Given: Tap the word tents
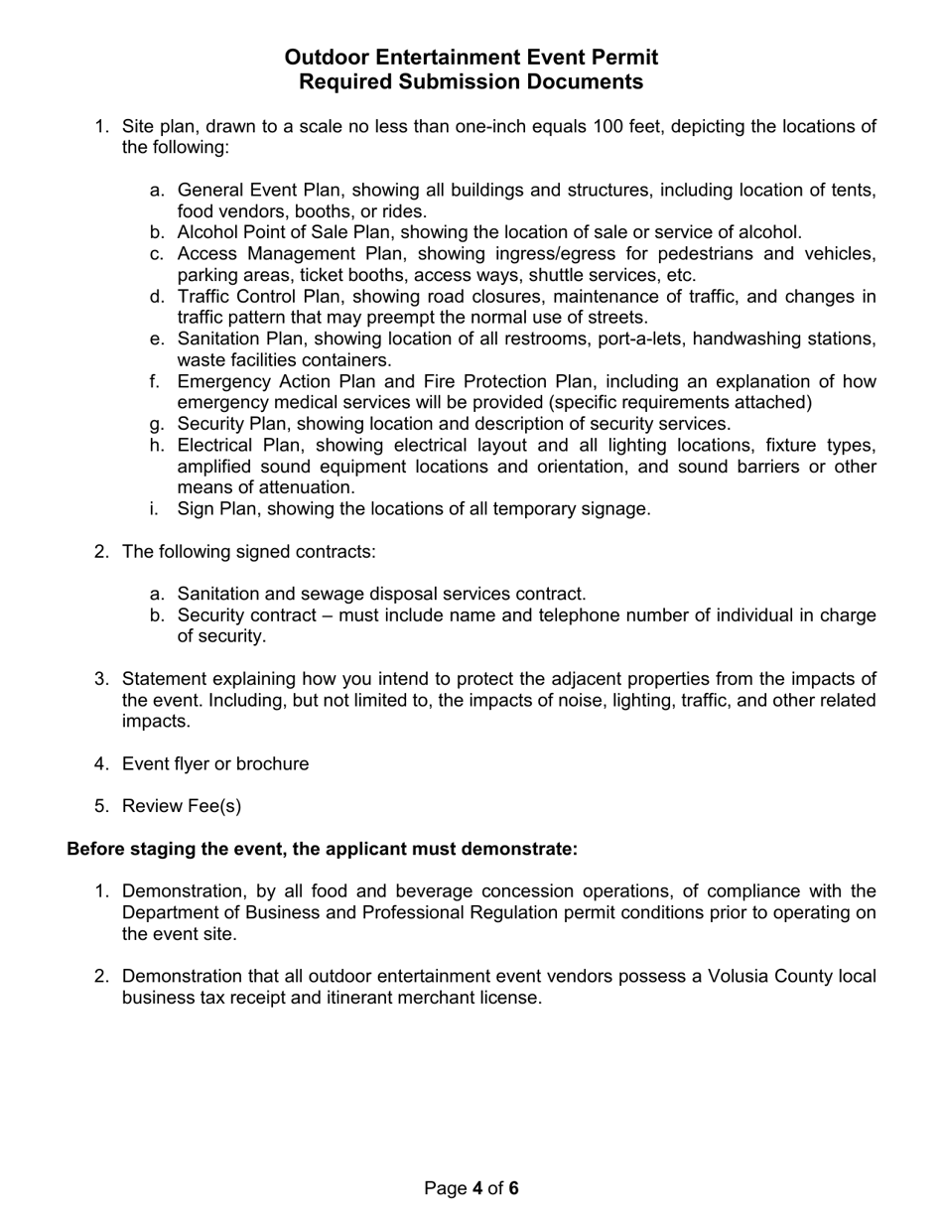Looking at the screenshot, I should [854, 190].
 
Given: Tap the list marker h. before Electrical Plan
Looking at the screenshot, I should [157, 445].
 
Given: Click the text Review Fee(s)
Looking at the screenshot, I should [181, 805].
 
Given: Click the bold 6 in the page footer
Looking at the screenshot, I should [513, 1188].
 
